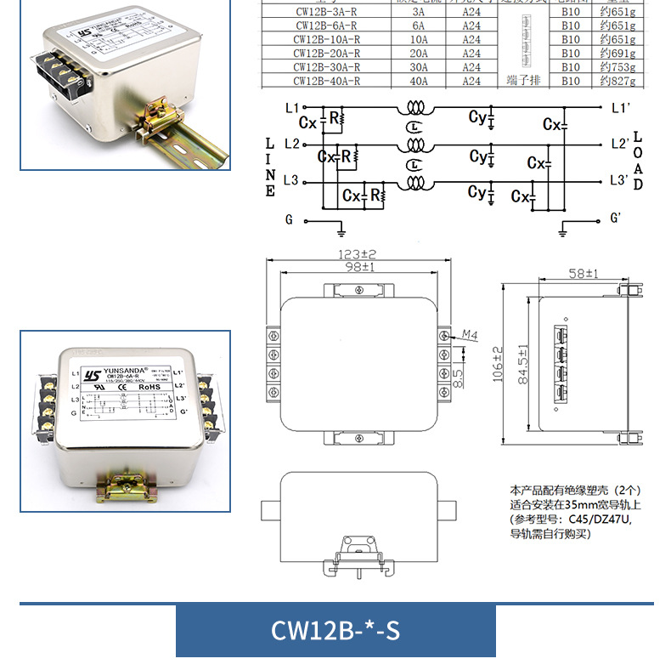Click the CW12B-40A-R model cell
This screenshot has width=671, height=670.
327,81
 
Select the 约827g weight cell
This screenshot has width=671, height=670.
617,81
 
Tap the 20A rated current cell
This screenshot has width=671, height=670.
419,54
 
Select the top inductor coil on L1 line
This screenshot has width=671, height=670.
415,110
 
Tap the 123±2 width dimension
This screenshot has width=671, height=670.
357,254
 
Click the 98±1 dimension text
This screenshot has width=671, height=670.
357,267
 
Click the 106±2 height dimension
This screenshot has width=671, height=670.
499,364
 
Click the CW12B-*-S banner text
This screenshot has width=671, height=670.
335,631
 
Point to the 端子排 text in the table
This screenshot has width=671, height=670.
522,81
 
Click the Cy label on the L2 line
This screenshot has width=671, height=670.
478,156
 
